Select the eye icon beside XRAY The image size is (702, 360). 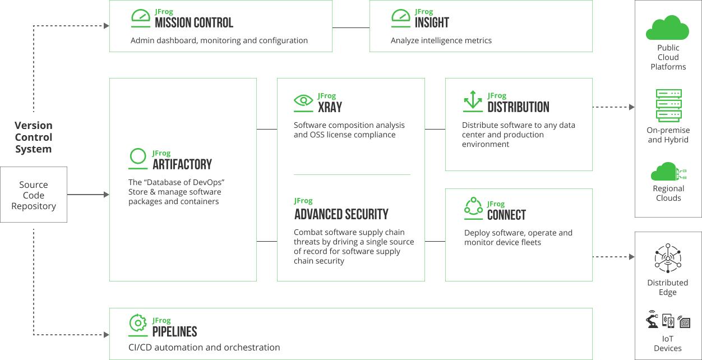point(303,100)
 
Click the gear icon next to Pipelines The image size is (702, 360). point(138,323)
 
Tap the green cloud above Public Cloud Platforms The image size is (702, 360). point(668,27)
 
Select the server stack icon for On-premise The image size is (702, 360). point(668,105)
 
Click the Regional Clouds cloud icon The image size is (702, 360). point(668,172)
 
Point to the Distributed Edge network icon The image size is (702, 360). point(668,258)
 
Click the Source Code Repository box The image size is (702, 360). point(34,195)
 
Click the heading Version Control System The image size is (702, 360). point(34,137)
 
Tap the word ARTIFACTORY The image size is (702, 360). point(182,164)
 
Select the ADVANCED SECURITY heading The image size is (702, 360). point(341,215)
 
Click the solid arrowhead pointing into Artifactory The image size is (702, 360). point(107,195)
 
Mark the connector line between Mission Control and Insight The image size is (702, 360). point(351,27)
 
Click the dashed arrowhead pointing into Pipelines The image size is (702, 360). point(107,335)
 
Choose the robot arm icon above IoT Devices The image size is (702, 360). point(652,319)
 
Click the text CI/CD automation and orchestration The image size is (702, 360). point(204,347)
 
